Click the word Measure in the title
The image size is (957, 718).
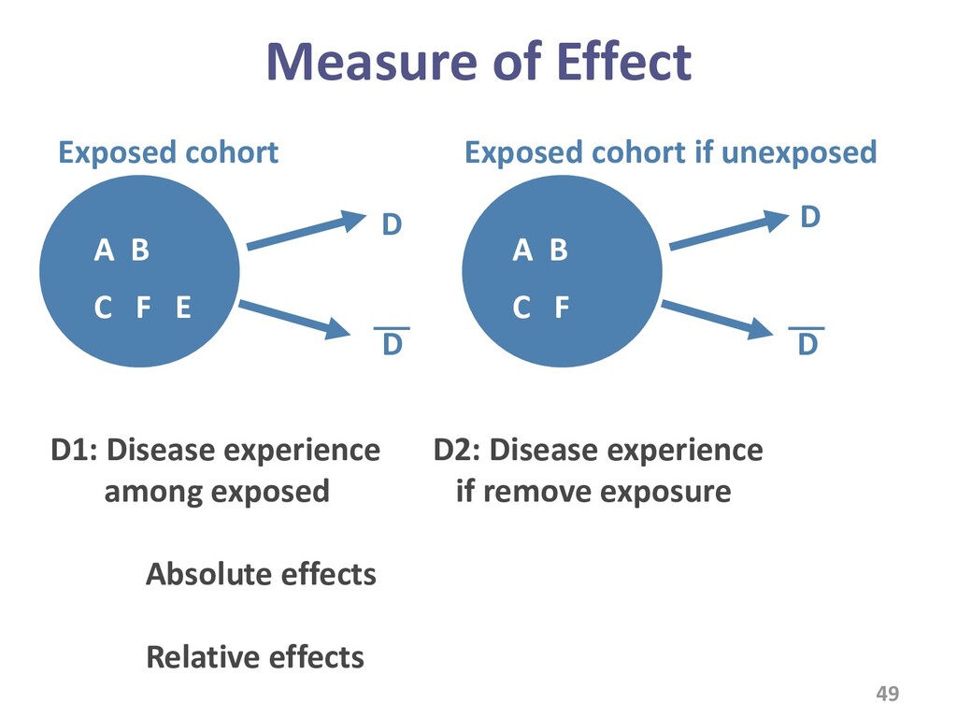point(372,62)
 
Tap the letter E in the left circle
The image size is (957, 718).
point(183,307)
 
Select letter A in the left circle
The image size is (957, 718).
point(104,250)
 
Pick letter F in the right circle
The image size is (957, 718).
point(562,307)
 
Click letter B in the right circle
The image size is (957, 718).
point(559,250)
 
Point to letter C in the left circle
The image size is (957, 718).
point(103,307)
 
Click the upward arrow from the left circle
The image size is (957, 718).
point(306,230)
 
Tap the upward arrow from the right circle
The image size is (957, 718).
point(729,230)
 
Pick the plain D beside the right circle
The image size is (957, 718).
point(810,217)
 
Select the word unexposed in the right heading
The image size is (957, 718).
point(799,152)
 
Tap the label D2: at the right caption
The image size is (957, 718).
point(456,451)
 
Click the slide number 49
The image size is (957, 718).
point(888,694)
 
